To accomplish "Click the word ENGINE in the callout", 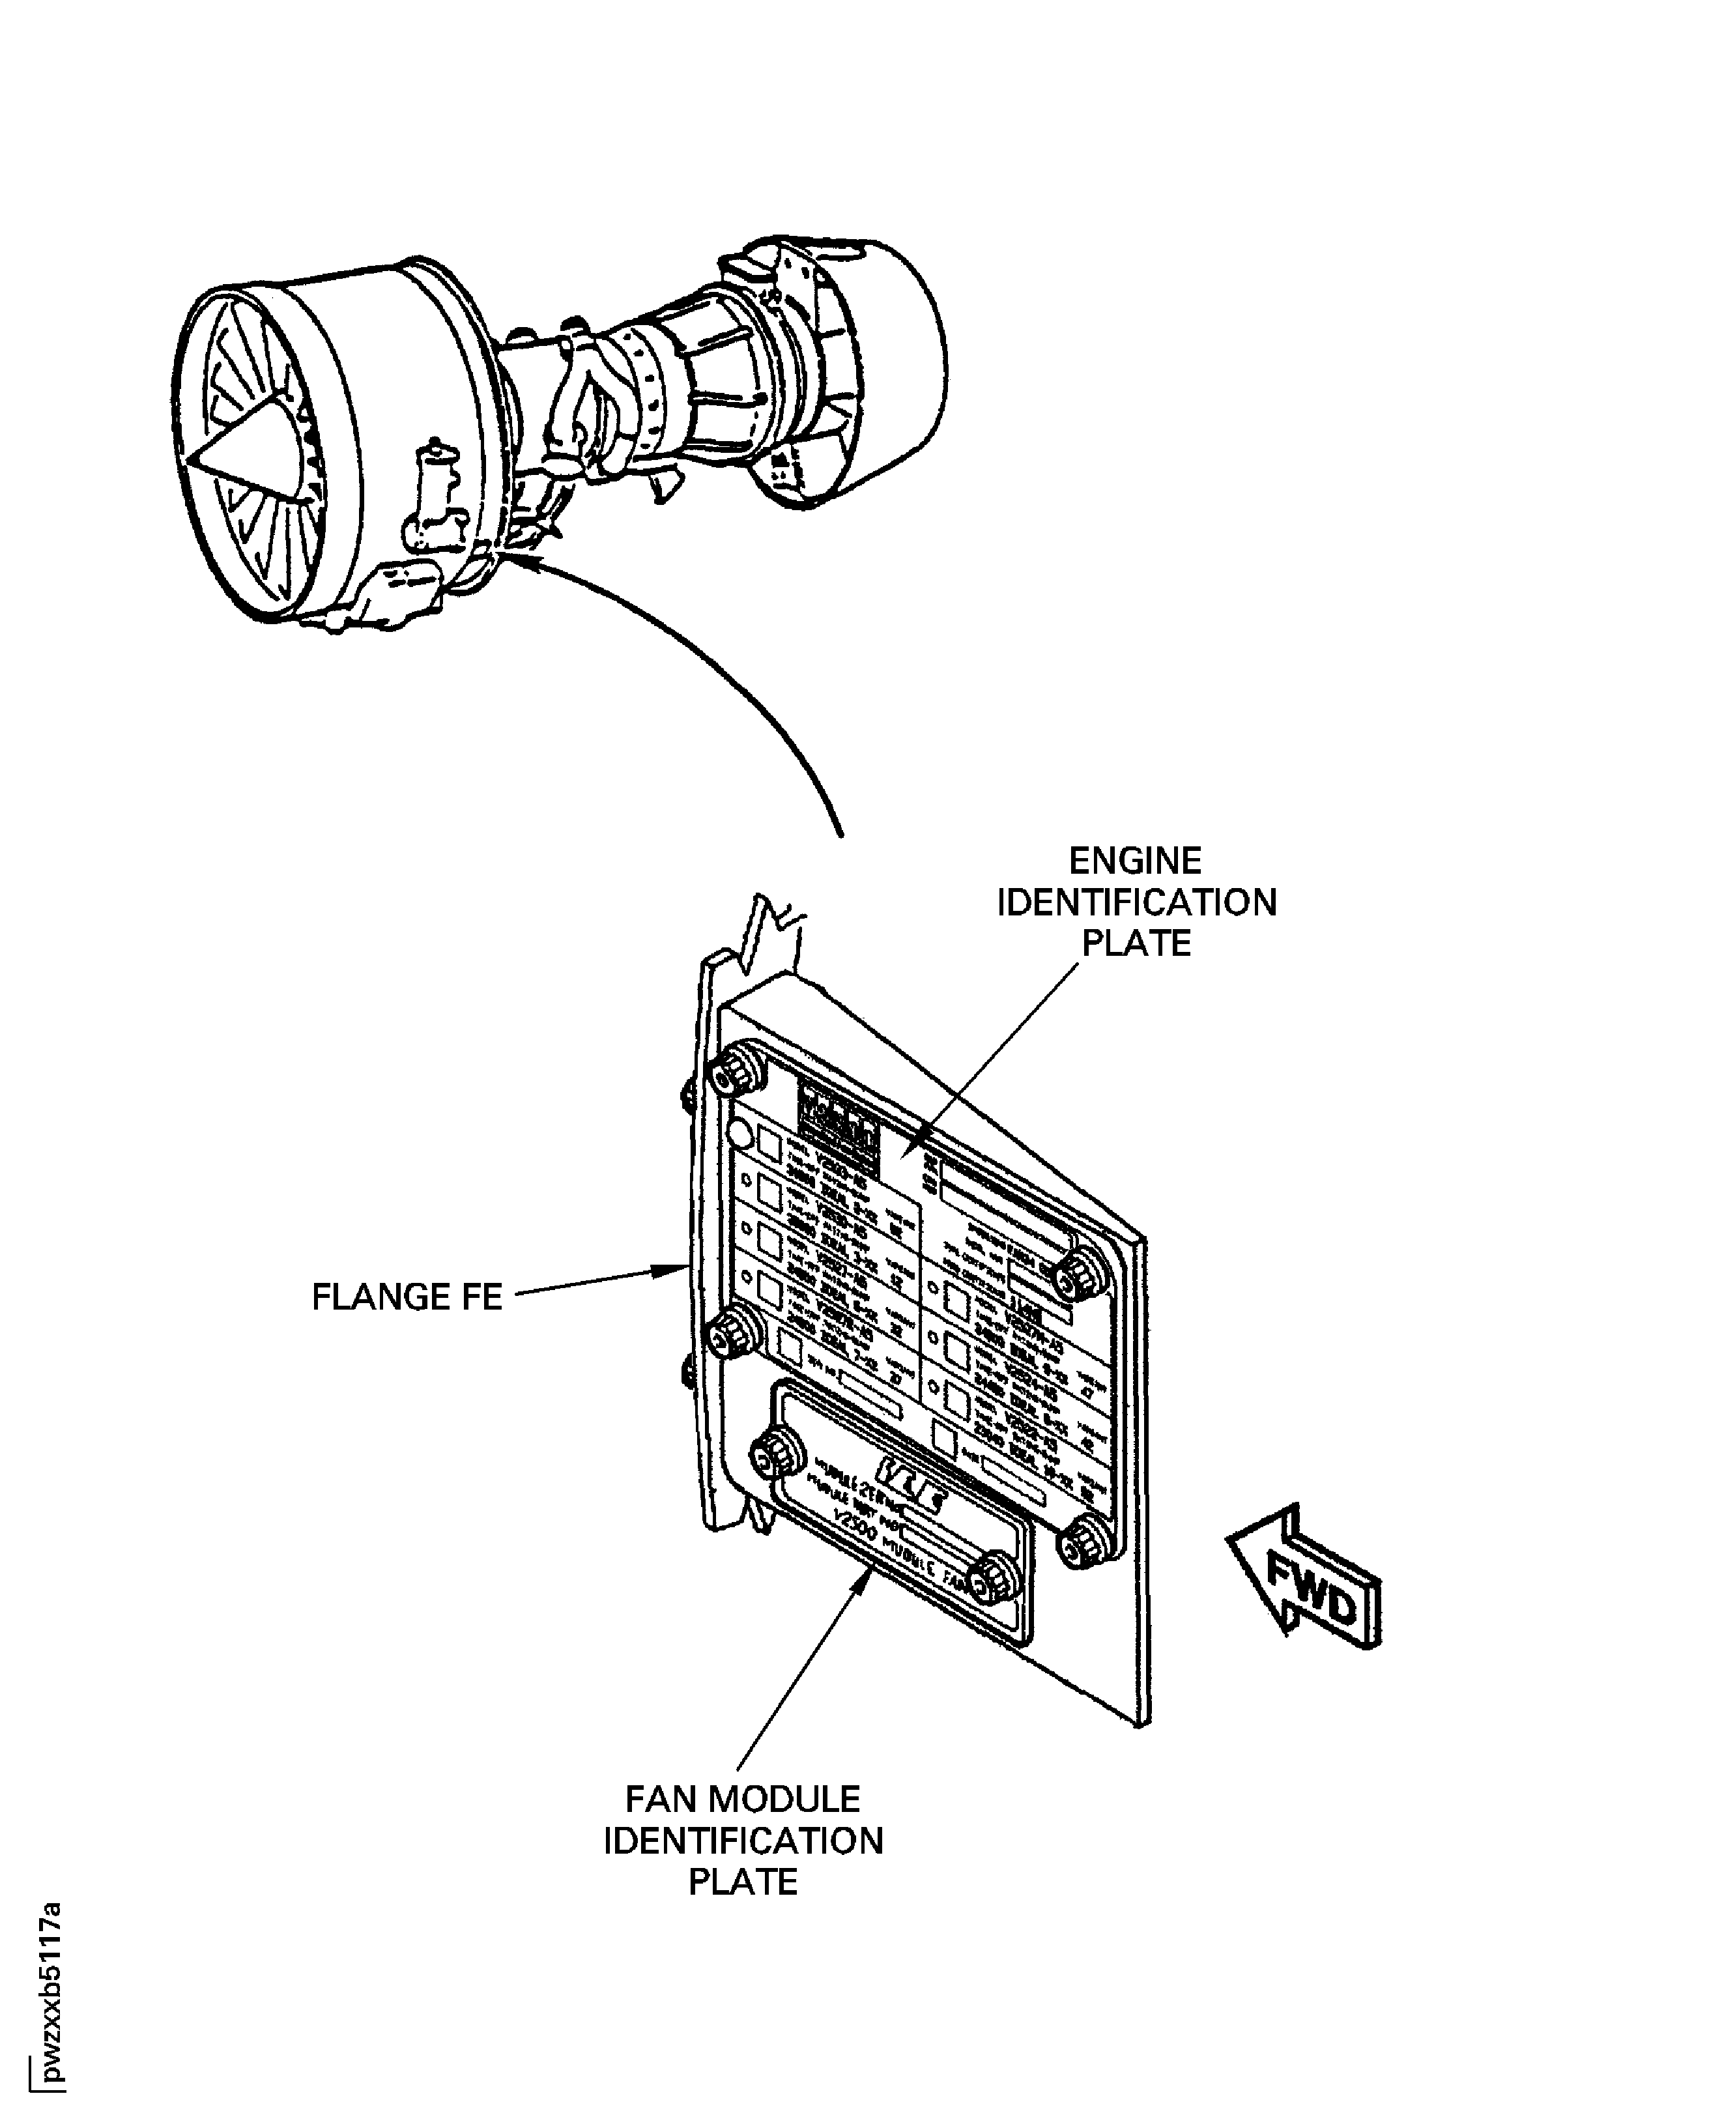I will [1135, 860].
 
